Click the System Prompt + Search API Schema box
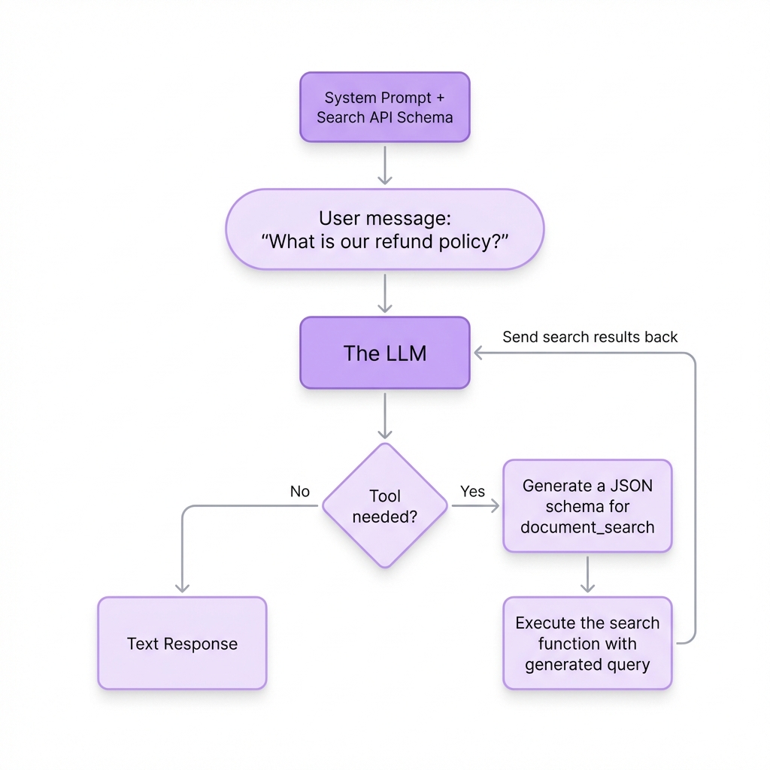click(384, 107)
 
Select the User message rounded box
click(384, 229)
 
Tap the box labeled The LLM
click(384, 353)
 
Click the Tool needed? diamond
click(385, 505)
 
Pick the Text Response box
click(182, 644)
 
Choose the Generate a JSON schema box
click(587, 506)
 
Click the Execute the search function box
click(587, 644)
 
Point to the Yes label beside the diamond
click(472, 491)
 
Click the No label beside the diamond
click(299, 491)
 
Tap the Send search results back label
click(590, 337)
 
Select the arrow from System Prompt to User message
click(384, 165)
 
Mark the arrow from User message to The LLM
click(384, 293)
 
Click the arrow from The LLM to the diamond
click(384, 416)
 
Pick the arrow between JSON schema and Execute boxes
click(588, 575)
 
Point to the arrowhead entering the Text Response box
click(182, 588)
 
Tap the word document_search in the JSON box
click(587, 527)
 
